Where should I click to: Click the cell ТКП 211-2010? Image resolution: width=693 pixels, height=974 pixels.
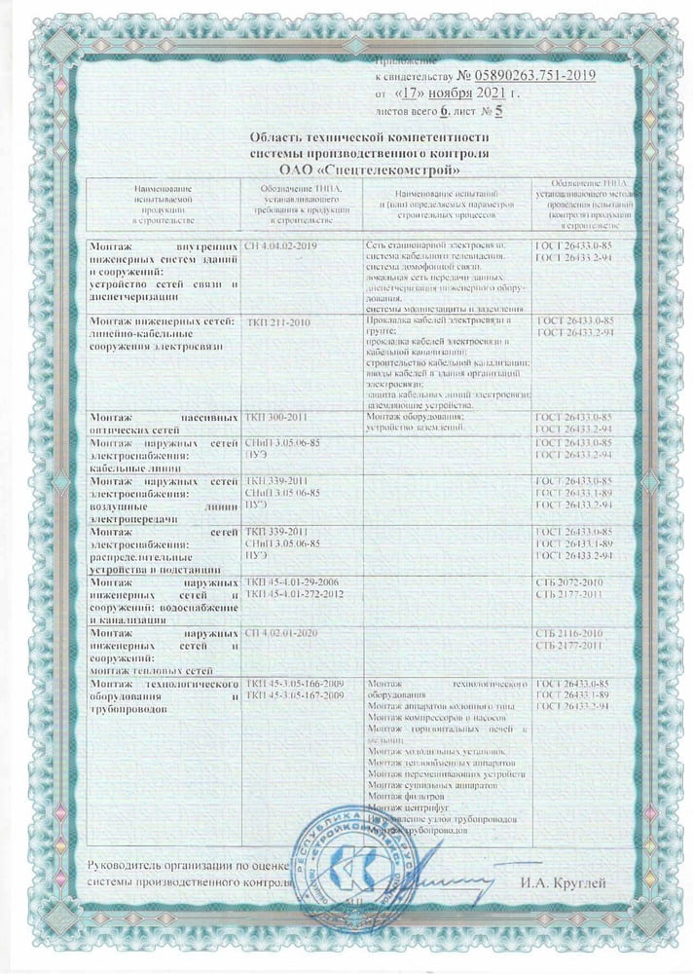[x=277, y=320]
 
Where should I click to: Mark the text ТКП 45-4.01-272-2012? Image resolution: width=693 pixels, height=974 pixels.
[x=297, y=593]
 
